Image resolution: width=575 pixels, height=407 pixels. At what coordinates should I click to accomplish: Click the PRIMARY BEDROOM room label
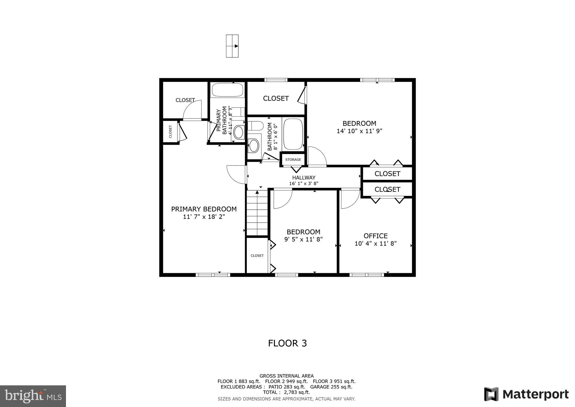[x=204, y=209]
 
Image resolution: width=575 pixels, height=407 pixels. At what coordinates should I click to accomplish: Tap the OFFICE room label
[x=375, y=236]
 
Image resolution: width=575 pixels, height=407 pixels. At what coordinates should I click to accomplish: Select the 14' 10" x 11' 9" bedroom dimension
[x=359, y=131]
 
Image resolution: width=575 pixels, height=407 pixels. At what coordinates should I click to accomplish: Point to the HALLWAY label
[x=304, y=178]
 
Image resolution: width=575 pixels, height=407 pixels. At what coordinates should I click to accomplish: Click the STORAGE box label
[x=293, y=160]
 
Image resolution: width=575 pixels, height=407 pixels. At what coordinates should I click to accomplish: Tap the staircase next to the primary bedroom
[x=257, y=213]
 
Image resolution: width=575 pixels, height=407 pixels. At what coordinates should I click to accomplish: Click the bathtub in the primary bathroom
[x=227, y=90]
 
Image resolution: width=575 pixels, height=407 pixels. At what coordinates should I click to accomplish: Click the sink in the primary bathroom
[x=238, y=132]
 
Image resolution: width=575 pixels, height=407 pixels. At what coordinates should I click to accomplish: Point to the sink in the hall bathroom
[x=254, y=146]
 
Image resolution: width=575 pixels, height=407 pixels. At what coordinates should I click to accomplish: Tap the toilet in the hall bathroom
[x=255, y=126]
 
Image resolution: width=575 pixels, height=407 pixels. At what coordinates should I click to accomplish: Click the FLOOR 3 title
[x=287, y=343]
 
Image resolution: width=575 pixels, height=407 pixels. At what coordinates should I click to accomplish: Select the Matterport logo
[x=526, y=394]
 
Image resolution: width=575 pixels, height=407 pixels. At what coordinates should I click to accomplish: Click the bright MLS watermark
[x=33, y=396]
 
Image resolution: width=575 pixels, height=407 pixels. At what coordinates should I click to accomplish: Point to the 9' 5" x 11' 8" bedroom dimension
[x=303, y=239]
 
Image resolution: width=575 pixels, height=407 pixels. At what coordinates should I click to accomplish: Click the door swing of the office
[x=350, y=199]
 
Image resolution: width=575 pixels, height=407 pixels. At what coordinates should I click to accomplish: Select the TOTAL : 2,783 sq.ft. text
[x=286, y=392]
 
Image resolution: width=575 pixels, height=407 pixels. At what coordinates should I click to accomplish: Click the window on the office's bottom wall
[x=367, y=275]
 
